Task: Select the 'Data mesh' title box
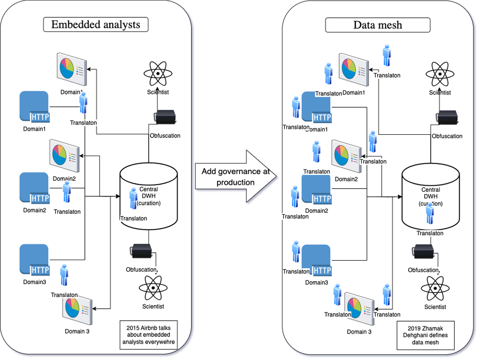click(377, 25)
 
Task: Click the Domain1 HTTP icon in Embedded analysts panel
click(34, 106)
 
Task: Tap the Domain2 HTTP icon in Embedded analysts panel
click(34, 188)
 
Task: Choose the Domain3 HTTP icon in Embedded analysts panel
click(34, 260)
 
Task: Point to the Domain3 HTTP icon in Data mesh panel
click(316, 260)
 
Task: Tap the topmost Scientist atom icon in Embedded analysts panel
click(158, 73)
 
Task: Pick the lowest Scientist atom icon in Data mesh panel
click(435, 288)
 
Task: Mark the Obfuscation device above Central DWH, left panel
click(165, 116)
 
